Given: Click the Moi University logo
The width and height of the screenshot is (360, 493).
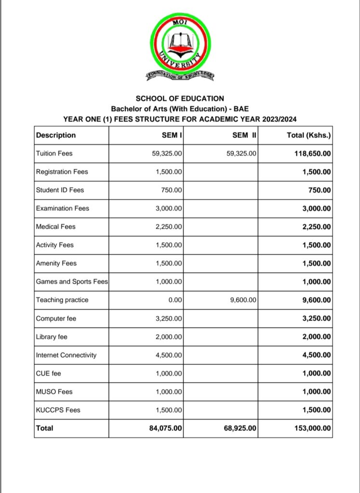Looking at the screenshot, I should (180, 48).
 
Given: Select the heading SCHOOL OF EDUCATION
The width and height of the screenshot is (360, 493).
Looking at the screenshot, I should (180, 99).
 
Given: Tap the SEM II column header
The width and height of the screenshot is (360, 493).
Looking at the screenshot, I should (245, 135).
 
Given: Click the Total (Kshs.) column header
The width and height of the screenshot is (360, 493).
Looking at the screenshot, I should (308, 135).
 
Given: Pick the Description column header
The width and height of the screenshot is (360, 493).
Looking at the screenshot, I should (56, 135).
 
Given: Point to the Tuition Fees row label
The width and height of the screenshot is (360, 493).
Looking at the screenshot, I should (54, 154).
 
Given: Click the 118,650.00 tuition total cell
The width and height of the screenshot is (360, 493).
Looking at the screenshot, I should (312, 154).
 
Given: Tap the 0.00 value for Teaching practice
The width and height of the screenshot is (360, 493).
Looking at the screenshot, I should (175, 300).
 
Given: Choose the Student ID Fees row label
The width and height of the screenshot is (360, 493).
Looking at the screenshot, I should (60, 190).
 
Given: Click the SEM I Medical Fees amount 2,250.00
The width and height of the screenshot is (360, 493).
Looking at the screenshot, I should (169, 227).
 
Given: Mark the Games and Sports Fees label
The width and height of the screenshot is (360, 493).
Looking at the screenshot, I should (72, 282).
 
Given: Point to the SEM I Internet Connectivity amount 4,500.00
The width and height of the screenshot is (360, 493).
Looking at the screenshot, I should (169, 355).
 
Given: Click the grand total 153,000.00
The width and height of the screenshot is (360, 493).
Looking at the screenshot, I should (312, 428).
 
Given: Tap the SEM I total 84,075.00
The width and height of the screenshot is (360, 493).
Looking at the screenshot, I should (166, 428).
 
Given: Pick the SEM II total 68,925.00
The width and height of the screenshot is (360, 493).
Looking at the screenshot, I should (240, 428).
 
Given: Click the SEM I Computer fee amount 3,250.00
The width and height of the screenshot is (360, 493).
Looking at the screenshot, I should (169, 319).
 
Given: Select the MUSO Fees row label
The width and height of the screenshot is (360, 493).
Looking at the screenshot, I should (54, 392).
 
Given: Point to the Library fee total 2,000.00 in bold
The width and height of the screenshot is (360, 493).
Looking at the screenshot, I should (316, 337).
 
